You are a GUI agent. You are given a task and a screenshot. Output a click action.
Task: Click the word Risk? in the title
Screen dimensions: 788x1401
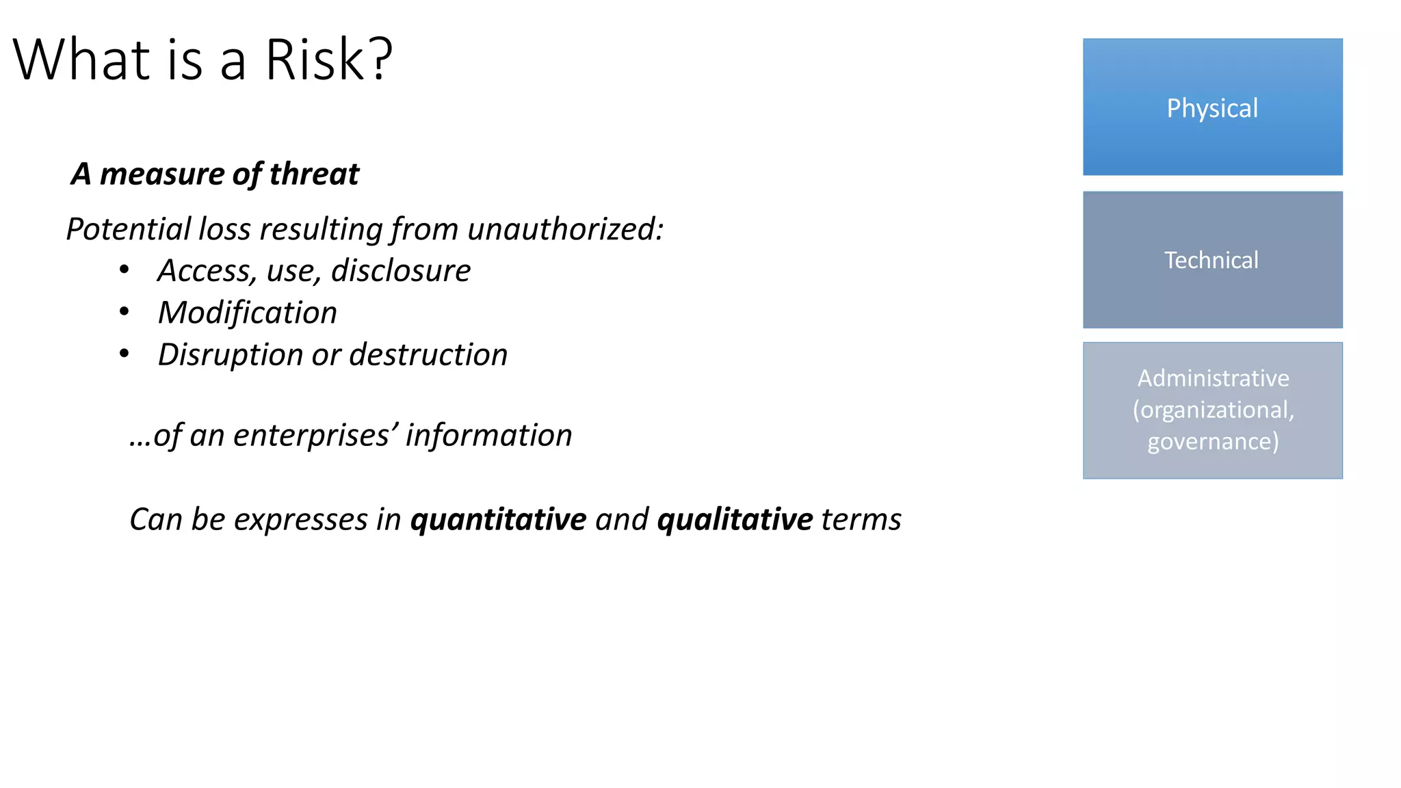(328, 60)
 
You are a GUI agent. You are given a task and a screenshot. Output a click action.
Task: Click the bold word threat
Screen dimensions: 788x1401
(314, 174)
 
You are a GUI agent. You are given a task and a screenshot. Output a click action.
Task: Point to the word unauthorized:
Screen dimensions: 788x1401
(565, 228)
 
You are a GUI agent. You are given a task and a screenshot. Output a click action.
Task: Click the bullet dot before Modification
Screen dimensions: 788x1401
(124, 312)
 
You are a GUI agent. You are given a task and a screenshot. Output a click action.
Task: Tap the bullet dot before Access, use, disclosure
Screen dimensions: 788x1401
(124, 270)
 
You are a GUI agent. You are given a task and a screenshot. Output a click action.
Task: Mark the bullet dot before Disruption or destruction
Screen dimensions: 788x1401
(124, 354)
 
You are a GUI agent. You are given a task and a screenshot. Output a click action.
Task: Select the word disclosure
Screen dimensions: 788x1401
(401, 271)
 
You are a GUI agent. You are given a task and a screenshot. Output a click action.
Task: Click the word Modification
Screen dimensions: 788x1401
(248, 313)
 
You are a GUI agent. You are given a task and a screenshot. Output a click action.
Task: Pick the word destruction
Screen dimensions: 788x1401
(428, 354)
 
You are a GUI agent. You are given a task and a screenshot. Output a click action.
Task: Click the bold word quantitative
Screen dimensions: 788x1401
(498, 519)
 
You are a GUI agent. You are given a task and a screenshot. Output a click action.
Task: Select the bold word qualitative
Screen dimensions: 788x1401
(735, 519)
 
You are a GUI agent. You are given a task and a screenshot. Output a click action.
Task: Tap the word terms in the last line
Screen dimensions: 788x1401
(861, 519)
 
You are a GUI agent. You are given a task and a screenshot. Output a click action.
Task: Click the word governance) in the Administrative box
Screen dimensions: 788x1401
(1213, 441)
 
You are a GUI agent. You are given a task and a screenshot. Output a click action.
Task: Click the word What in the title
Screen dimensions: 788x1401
(81, 60)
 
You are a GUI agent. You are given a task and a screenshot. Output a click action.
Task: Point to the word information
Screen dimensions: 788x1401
(488, 435)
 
